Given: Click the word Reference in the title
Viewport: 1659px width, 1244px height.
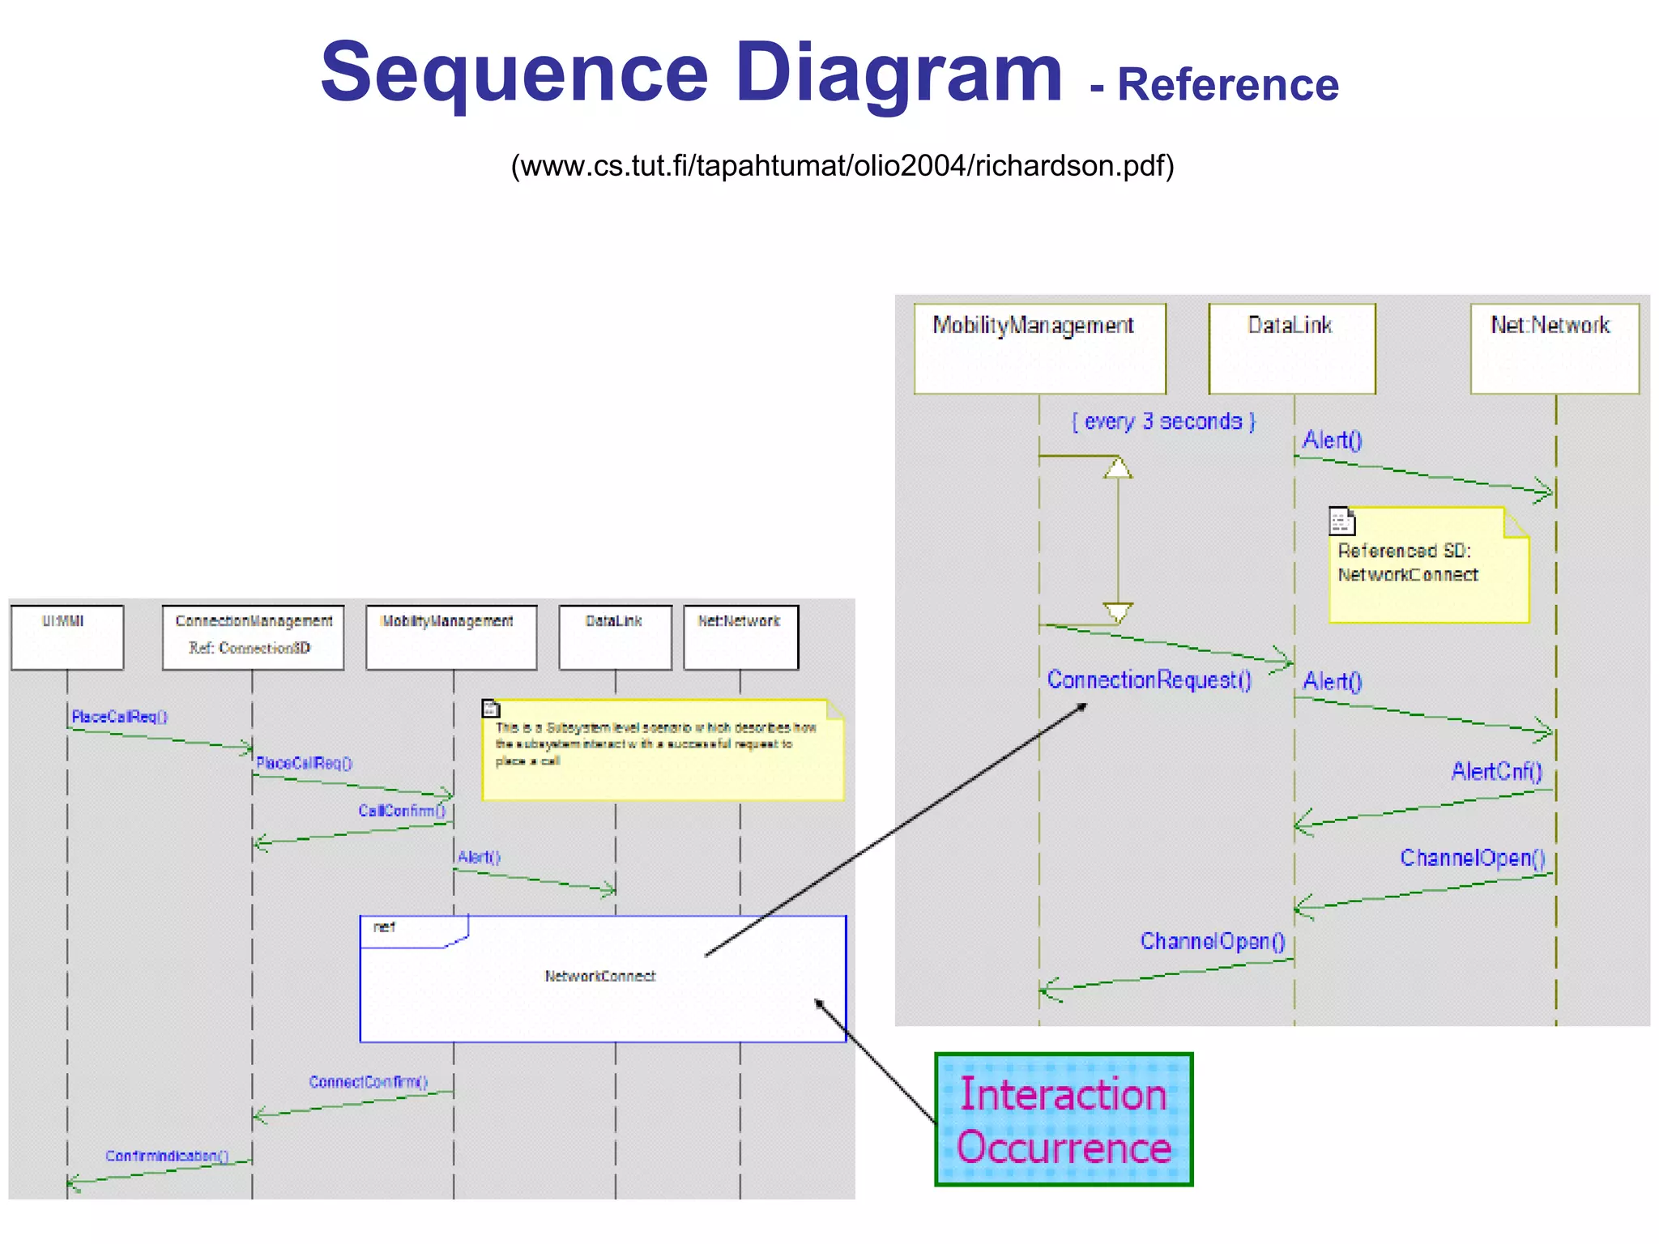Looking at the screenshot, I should coord(1227,85).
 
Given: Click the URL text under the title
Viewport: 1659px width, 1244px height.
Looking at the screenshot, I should coord(842,165).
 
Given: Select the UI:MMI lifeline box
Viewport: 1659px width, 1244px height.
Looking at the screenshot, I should coord(67,637).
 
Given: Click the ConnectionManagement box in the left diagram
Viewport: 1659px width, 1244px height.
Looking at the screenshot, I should coord(253,637).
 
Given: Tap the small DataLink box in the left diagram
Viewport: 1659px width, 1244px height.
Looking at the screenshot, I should coord(615,637).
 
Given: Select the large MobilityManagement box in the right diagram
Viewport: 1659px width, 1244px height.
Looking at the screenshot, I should coord(1039,348).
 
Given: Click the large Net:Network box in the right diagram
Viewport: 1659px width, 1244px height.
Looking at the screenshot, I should coord(1555,348).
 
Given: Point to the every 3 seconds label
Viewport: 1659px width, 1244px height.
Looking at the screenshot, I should coord(1163,421).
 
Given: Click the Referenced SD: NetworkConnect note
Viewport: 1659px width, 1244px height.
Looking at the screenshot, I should coord(1429,565).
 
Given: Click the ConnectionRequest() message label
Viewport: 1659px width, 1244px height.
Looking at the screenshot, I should coord(1149,680).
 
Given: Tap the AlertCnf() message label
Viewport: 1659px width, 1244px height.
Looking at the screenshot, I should coord(1496,771).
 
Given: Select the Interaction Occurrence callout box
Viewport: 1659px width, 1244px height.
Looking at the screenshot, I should coord(1064,1119).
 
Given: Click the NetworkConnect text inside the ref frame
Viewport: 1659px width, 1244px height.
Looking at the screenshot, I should coord(600,976).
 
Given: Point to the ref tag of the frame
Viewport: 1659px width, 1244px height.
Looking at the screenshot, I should coord(386,927).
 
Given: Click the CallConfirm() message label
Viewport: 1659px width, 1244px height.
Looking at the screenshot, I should coord(402,811).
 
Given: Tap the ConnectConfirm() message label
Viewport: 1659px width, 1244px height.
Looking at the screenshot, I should coord(368,1082).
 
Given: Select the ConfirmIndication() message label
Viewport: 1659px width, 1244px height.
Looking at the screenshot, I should coord(167,1156).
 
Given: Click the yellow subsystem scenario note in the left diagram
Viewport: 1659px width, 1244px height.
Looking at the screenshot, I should coord(662,750).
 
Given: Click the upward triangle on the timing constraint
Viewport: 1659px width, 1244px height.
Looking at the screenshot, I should coord(1118,468).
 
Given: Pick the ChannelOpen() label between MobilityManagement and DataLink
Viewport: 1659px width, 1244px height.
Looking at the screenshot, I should coord(1212,941).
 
